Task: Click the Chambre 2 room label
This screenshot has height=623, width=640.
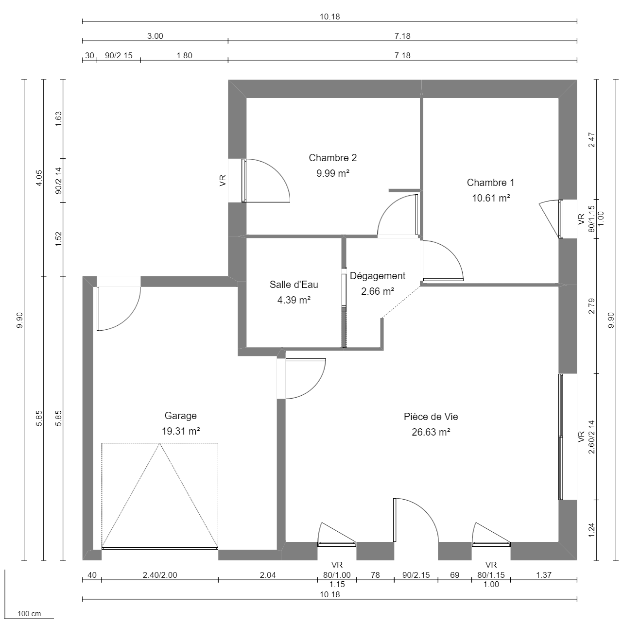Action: pos(332,158)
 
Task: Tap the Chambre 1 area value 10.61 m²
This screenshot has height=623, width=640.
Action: pos(491,198)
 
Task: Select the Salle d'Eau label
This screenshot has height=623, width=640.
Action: pos(294,285)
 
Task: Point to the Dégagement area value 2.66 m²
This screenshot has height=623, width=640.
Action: pos(377,291)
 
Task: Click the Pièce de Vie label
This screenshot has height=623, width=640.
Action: pos(431,417)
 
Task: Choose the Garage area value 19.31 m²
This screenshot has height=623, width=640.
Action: pos(180,431)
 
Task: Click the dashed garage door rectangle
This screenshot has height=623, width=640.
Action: pos(159,495)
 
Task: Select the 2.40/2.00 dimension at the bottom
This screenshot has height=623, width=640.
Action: pos(159,575)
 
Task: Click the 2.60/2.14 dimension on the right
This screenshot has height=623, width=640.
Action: pos(591,437)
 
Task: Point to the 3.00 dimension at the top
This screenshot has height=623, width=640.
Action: pos(155,36)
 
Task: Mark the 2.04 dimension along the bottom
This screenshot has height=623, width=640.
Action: pos(268,575)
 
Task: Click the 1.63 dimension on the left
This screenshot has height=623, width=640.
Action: pos(58,119)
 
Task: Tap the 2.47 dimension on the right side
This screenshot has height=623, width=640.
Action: pos(591,139)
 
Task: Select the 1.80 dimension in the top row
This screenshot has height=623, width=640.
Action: pos(184,55)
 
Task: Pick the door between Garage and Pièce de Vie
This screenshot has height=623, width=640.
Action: pos(282,379)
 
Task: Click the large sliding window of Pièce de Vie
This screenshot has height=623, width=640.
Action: pos(561,437)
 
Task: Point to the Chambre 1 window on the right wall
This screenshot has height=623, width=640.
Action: pos(561,219)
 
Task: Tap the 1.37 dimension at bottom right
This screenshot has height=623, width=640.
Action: pos(543,575)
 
